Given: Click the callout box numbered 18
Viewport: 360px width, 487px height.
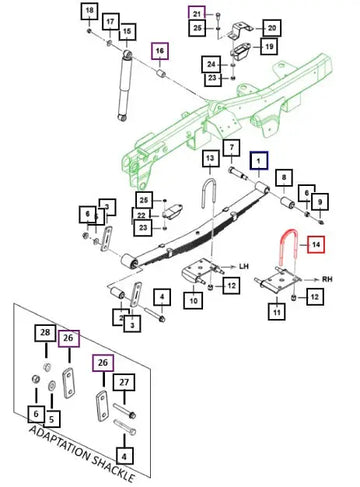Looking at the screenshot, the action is (89, 11).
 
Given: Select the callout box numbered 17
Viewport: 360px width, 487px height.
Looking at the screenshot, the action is (110, 22).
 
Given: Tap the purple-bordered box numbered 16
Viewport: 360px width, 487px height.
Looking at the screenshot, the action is (160, 51).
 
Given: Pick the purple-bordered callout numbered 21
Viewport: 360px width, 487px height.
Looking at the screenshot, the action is (197, 14).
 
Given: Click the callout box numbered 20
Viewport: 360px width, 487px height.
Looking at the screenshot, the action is (272, 28).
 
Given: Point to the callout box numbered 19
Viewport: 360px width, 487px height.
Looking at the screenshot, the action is (269, 46).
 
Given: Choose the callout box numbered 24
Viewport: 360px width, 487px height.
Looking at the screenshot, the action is (211, 64).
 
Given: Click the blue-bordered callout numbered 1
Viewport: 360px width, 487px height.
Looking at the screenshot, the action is (259, 161).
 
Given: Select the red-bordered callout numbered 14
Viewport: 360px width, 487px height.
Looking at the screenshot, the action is (316, 245).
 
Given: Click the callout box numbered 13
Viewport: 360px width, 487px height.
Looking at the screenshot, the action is (210, 158).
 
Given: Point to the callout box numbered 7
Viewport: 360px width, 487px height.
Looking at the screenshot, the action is (232, 148).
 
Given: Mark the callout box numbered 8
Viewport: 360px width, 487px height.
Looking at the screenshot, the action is (284, 178).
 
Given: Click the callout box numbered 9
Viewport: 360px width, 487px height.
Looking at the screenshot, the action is (320, 201).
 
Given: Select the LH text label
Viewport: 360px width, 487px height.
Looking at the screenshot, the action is (244, 266).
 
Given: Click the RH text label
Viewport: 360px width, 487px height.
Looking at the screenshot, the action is (327, 279).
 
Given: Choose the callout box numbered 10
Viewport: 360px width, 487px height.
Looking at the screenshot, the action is (194, 300).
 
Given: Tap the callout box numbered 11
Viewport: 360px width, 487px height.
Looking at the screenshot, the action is (277, 312).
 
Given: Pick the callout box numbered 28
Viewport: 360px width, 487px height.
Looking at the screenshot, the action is (45, 333).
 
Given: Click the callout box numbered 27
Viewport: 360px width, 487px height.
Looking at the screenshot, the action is (124, 382).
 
